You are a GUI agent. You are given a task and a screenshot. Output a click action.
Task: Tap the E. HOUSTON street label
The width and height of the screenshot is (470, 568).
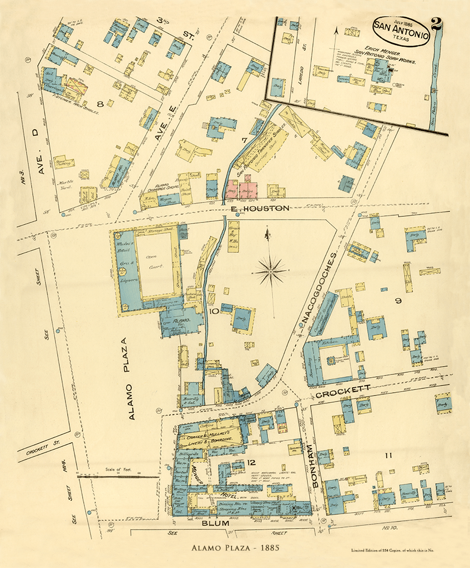[x=260, y=209]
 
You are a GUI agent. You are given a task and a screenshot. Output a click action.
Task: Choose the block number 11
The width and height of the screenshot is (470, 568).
[x=388, y=456]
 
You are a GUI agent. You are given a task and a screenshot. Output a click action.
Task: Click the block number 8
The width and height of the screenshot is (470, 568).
[x=100, y=104]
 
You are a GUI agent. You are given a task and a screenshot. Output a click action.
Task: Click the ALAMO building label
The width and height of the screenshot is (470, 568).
[x=181, y=321]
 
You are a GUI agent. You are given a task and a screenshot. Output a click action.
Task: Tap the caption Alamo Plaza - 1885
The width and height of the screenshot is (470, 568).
[x=235, y=548]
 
